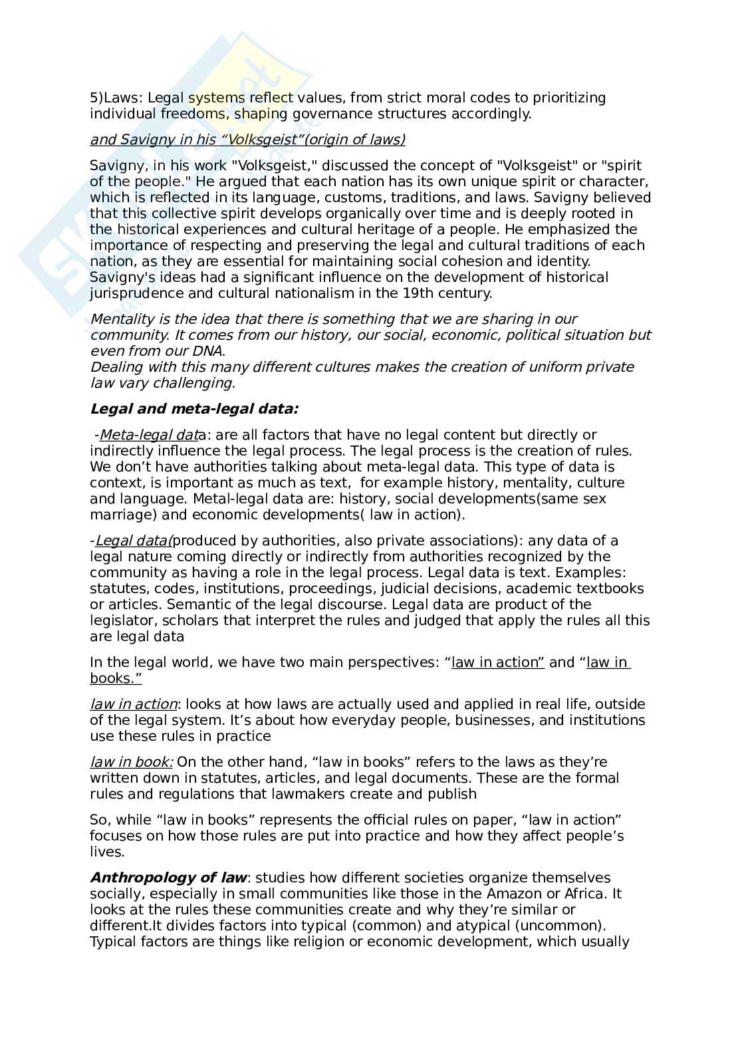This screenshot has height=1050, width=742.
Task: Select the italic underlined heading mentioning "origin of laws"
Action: (x=247, y=139)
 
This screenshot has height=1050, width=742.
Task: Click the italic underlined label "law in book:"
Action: (x=132, y=762)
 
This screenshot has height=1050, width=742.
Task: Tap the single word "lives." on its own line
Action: (x=107, y=852)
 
